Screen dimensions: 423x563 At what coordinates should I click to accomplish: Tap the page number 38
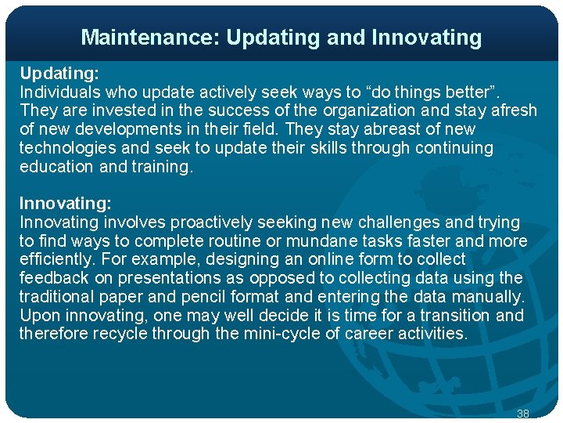tap(523, 413)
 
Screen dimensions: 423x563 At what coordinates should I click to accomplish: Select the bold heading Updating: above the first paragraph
tap(59, 73)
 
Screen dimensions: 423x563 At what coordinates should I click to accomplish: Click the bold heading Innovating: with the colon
tap(65, 204)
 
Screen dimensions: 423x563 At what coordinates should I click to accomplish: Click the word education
tap(56, 167)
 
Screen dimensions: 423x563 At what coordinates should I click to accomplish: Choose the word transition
tap(456, 316)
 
